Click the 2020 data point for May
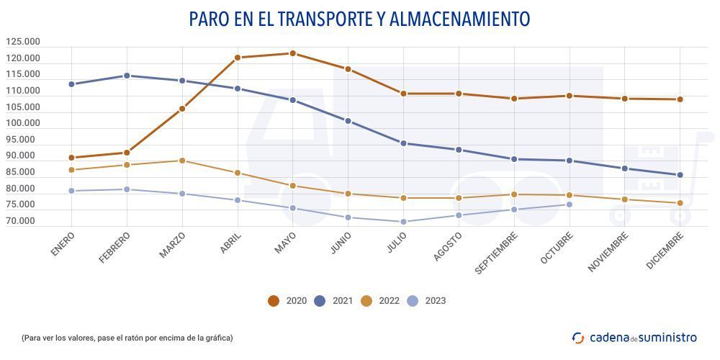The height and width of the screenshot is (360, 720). [292, 53]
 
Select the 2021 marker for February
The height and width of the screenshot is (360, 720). [127, 76]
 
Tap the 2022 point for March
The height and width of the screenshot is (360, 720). [182, 161]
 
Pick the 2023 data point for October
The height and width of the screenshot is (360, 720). [569, 204]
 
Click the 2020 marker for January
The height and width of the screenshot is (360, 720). [71, 158]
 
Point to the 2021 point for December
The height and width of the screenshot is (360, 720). [680, 175]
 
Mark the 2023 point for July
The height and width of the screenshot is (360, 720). [403, 222]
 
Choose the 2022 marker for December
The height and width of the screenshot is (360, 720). [680, 203]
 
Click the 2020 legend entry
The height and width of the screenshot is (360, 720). [288, 301]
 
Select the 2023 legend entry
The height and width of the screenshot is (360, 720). [427, 301]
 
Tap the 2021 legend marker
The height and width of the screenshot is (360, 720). [320, 301]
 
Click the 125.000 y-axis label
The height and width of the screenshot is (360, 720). [22, 42]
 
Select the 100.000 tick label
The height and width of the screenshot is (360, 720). [22, 123]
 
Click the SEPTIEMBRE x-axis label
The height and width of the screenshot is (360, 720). [496, 253]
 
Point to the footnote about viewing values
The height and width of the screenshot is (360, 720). [127, 337]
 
